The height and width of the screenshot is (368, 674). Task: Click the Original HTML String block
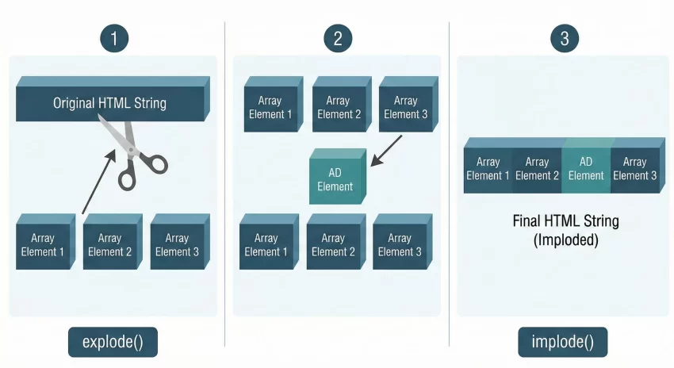click(109, 103)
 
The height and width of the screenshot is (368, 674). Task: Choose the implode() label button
click(563, 343)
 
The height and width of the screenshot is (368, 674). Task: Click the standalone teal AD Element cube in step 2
click(336, 179)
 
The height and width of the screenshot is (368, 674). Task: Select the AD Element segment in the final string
click(586, 169)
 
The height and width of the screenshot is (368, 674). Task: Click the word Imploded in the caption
click(565, 239)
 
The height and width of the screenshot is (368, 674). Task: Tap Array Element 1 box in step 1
click(43, 245)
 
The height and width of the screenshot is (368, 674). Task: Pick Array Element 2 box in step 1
click(110, 245)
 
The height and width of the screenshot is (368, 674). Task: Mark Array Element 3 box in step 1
click(177, 245)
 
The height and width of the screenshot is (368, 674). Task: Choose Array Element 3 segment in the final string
click(634, 169)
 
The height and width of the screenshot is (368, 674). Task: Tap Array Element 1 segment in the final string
click(488, 169)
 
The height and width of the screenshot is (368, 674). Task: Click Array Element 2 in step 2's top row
click(338, 107)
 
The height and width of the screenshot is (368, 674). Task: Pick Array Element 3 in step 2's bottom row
click(400, 244)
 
